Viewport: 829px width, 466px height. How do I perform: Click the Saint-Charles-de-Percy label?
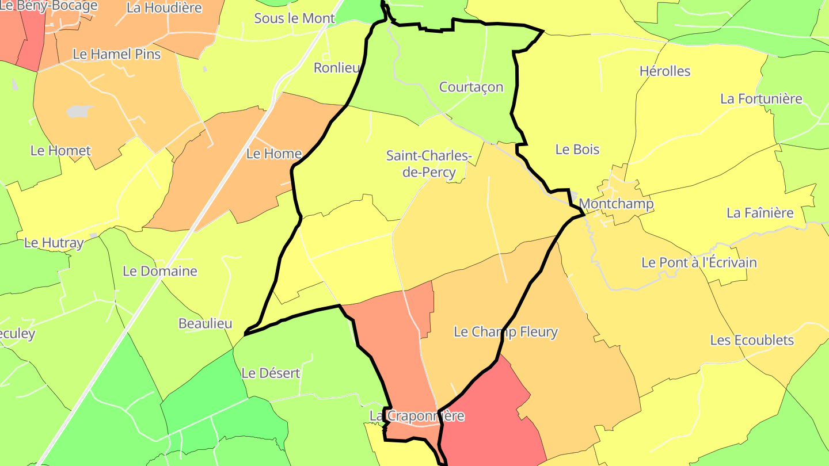(429, 164)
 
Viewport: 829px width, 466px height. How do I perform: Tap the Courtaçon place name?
(471, 87)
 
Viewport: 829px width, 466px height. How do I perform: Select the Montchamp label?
(616, 204)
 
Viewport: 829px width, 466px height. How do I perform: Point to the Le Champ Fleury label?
(505, 332)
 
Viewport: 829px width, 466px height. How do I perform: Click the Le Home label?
(273, 154)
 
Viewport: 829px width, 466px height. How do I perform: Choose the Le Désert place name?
(271, 373)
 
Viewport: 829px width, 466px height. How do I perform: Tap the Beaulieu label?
(206, 323)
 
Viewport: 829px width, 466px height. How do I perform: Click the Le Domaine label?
(160, 271)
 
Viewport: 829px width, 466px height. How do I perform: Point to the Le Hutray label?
(54, 243)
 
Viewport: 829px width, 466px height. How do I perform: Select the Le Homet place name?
(60, 151)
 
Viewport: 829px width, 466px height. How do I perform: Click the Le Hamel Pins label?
(116, 54)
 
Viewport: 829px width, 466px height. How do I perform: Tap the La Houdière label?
(164, 8)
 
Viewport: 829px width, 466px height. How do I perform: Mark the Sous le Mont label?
(294, 18)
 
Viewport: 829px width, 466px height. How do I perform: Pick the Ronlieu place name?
(336, 68)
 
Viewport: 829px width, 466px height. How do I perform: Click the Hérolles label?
(664, 71)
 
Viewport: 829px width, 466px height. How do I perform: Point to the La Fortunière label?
(761, 99)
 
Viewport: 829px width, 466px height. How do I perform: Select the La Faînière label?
(760, 213)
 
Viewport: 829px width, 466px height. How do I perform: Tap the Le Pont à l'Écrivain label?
(699, 263)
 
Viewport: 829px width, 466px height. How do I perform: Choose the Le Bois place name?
(577, 150)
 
